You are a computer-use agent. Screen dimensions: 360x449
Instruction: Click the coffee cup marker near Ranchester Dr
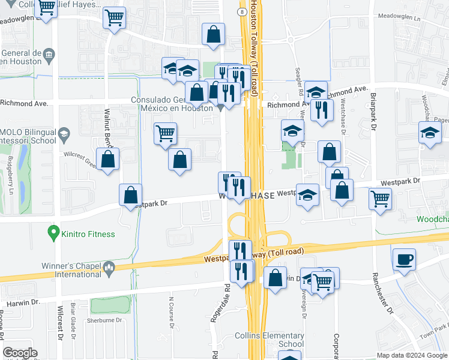[x=404, y=259]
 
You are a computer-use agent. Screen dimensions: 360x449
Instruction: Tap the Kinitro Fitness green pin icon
[x=53, y=231]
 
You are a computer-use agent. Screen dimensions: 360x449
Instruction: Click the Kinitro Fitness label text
[x=88, y=233]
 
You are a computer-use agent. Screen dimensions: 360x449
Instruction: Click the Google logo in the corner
[x=20, y=353]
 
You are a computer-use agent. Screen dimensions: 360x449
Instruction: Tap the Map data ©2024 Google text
[x=411, y=355]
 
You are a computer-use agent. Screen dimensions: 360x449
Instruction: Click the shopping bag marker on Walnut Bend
[x=107, y=160]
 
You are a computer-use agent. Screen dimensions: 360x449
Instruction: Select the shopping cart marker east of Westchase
[x=379, y=198]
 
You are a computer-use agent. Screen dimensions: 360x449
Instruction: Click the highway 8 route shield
[x=240, y=11]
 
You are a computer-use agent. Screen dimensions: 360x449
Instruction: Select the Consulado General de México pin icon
[x=221, y=107]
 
